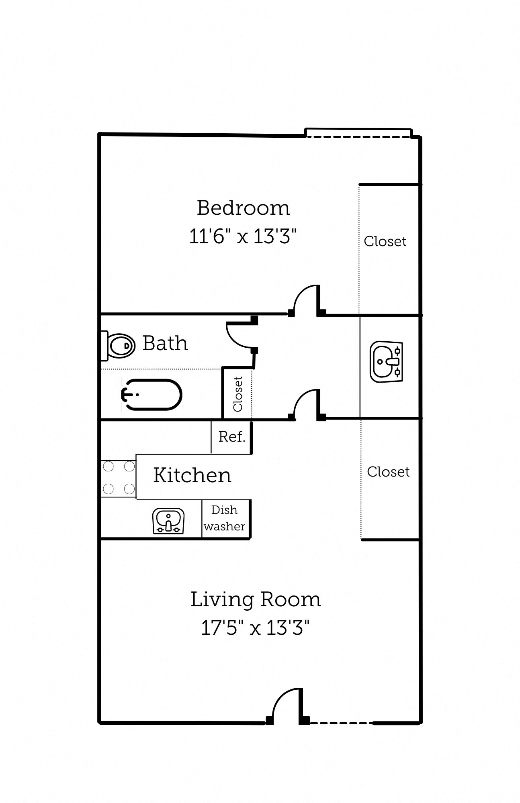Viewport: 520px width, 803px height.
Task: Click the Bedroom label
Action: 243,208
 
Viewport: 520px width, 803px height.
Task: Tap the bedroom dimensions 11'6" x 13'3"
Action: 243,236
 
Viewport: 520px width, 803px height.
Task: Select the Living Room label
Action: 256,600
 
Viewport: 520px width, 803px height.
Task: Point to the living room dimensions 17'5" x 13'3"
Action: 255,628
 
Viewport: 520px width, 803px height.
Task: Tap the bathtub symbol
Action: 152,395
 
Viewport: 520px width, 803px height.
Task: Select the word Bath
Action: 165,344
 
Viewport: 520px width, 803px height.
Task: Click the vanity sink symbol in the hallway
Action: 386,362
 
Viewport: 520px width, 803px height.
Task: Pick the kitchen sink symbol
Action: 168,521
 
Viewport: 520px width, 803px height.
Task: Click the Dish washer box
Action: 225,518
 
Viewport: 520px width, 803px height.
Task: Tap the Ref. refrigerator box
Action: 231,437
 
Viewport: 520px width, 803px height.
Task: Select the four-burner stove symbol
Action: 119,478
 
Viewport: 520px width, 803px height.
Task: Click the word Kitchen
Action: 192,476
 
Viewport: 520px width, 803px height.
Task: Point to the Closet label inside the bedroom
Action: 385,241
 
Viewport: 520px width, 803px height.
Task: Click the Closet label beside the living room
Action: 388,472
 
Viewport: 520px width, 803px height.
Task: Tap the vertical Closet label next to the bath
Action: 238,394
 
